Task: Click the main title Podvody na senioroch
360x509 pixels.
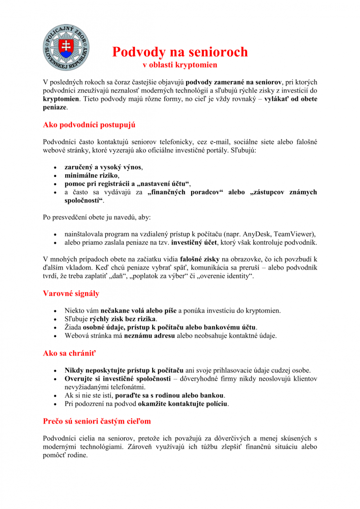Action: [x=180, y=52]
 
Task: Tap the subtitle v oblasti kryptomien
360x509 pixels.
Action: [x=180, y=65]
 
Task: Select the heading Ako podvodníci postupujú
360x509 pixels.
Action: [x=89, y=125]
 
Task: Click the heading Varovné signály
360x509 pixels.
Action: [x=71, y=293]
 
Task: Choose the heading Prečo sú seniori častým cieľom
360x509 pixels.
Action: [x=97, y=421]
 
